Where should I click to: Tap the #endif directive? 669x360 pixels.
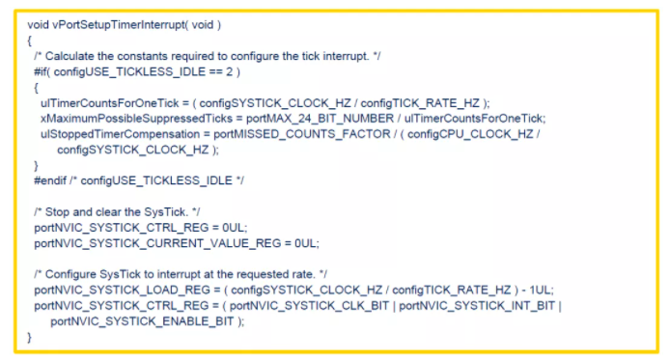pyautogui.click(x=50, y=180)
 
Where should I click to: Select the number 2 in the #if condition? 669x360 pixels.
pyautogui.click(x=230, y=71)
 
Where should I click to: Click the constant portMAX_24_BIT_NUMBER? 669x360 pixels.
pyautogui.click(x=320, y=118)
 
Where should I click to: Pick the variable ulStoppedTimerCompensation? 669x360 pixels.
pyautogui.click(x=120, y=134)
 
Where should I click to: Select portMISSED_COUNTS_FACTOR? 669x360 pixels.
pyautogui.click(x=301, y=134)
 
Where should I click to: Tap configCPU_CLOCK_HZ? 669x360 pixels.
pyautogui.click(x=470, y=134)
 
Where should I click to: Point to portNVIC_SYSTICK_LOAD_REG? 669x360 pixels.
pyautogui.click(x=122, y=291)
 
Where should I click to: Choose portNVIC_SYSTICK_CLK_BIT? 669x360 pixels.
pyautogui.click(x=309, y=306)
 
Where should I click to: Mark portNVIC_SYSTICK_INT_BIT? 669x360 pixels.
pyautogui.click(x=477, y=306)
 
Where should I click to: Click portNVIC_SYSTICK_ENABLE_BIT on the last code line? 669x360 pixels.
pyautogui.click(x=142, y=321)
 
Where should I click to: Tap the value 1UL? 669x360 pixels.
pyautogui.click(x=541, y=291)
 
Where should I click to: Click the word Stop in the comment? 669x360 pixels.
pyautogui.click(x=57, y=212)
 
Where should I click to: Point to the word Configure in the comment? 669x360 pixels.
pyautogui.click(x=70, y=274)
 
